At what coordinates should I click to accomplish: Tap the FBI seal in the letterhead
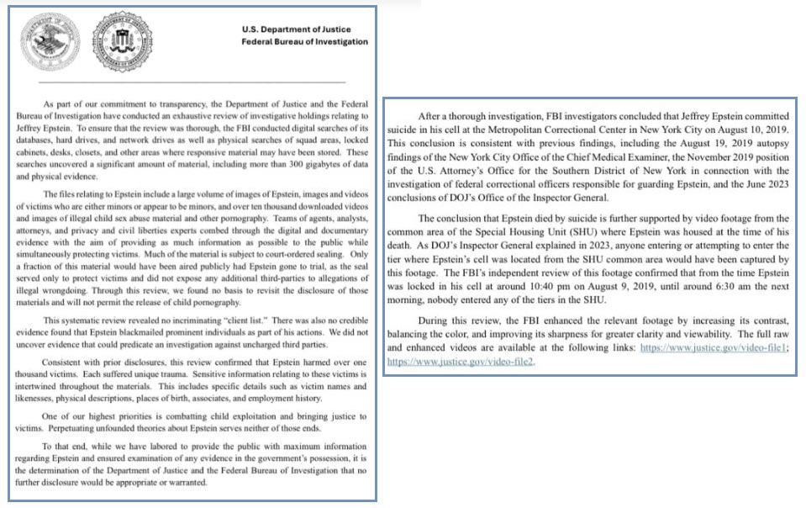pyautogui.click(x=121, y=42)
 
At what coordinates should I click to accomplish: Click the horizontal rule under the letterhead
pyautogui.click(x=192, y=82)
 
